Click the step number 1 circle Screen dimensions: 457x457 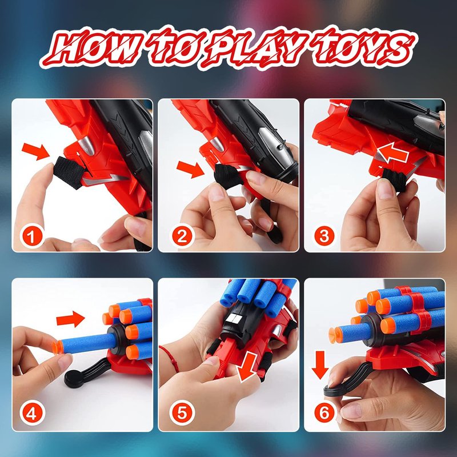coord(32,236)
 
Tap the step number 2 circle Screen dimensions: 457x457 coord(182,236)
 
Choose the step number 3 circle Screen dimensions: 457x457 coord(324,236)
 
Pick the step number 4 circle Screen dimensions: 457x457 coord(32,413)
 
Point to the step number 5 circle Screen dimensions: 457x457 coord(182,413)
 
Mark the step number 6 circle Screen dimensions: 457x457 coord(324,413)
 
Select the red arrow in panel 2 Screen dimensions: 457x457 coord(190,169)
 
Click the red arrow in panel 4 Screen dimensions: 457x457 coord(70,319)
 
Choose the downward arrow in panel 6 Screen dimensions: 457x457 coord(320,365)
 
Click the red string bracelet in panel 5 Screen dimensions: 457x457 coord(170,358)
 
